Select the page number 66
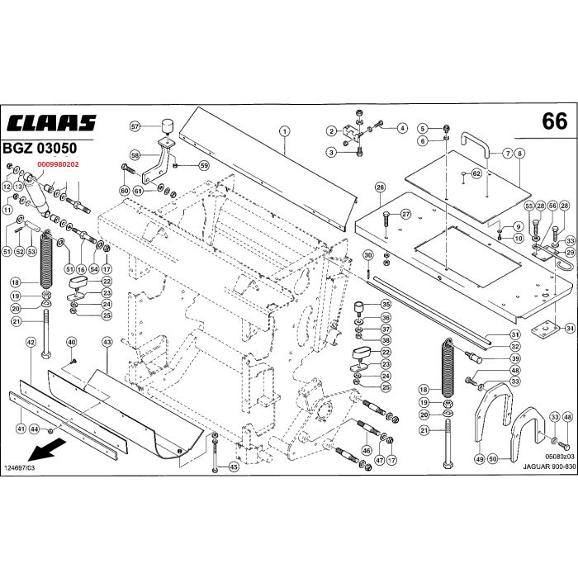(x=555, y=122)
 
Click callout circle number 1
(x=283, y=130)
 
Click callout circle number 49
(x=479, y=457)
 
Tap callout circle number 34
(x=570, y=328)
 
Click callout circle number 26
(x=380, y=187)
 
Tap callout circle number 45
(x=234, y=467)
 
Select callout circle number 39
(x=514, y=359)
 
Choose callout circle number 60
(x=125, y=191)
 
